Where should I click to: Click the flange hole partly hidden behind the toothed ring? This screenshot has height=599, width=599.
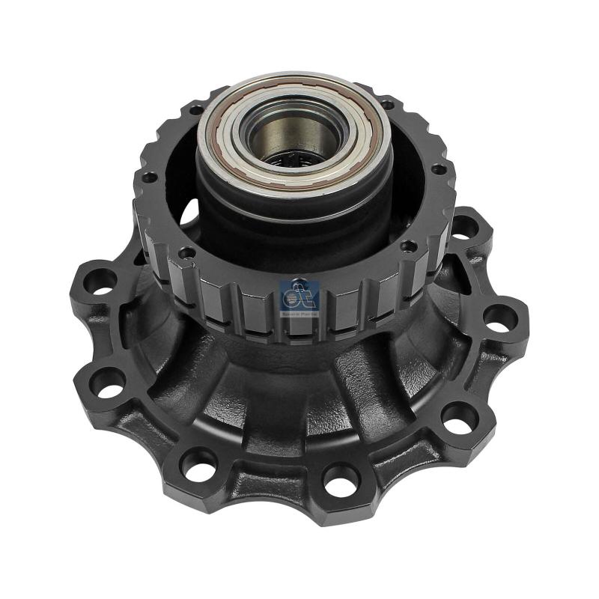[466, 225]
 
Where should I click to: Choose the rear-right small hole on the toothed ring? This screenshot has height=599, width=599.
[386, 106]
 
